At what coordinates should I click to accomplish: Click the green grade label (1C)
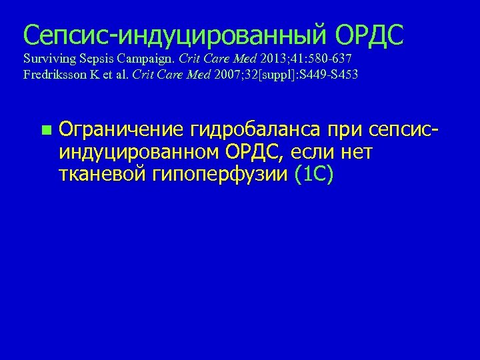tap(314, 175)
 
